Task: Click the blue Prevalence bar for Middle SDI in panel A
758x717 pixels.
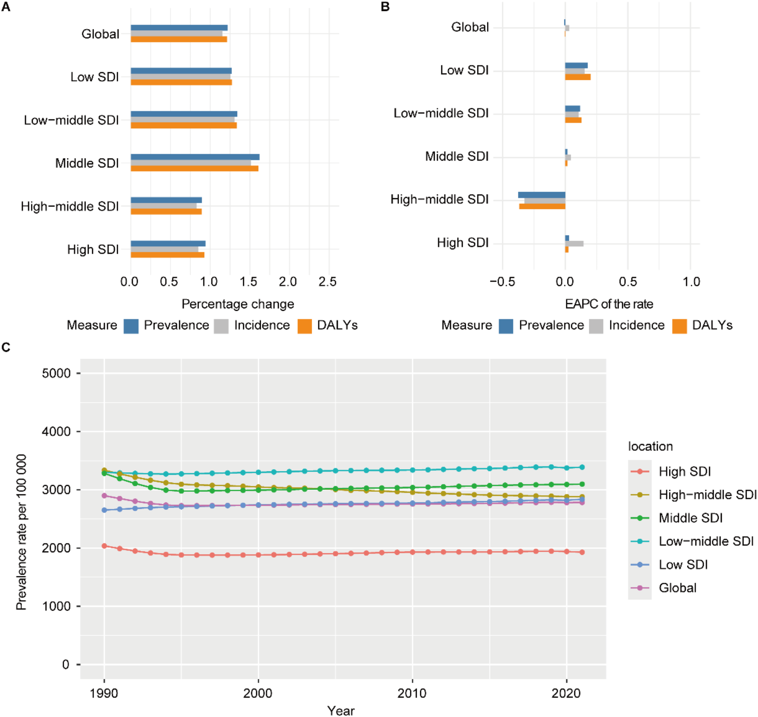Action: [x=195, y=157]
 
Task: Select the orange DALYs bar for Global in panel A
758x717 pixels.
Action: [x=179, y=39]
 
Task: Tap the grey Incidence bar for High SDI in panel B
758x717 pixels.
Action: [x=574, y=243]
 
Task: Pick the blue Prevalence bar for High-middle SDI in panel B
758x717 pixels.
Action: [x=542, y=195]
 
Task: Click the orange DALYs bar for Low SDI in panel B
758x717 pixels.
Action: [x=578, y=77]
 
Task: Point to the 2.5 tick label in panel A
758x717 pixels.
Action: [x=327, y=282]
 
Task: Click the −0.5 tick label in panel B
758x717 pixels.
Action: [x=502, y=282]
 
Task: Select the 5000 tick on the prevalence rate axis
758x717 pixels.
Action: [x=56, y=373]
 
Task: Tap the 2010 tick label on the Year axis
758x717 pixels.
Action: [x=412, y=693]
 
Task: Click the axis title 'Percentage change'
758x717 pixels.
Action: [x=237, y=304]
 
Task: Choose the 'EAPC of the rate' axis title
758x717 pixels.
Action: [x=609, y=304]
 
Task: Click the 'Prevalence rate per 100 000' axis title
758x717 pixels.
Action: [x=22, y=532]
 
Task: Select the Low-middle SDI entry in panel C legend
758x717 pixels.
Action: [x=706, y=541]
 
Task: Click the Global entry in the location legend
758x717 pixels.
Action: [x=677, y=588]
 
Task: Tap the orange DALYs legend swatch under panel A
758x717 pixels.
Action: [x=304, y=326]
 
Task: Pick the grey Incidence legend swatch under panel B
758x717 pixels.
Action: [x=596, y=326]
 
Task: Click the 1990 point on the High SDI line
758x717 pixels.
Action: [x=104, y=546]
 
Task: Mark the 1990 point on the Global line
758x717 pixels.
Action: [x=104, y=496]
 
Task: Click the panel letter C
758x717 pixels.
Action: [x=6, y=347]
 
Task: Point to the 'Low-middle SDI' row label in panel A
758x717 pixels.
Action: [x=71, y=120]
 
